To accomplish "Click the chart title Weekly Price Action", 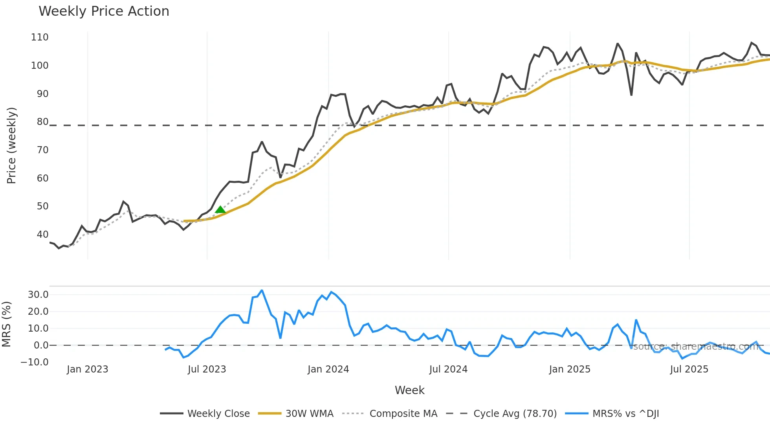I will point(104,11).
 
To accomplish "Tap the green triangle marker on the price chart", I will point(220,209).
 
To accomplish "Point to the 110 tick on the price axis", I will point(40,37).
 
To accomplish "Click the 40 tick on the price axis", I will point(42,235).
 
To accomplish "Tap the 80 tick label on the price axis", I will point(42,122).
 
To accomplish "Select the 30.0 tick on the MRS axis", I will point(38,295).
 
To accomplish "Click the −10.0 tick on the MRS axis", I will point(35,362).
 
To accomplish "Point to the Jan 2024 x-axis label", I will point(328,369).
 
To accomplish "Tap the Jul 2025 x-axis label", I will point(689,369).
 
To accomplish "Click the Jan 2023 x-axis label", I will point(87,369).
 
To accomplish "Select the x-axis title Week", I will point(409,390).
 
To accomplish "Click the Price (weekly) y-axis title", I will point(11,145).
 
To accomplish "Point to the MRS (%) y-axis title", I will point(6,324).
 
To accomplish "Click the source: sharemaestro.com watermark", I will point(695,347).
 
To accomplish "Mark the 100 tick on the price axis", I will point(40,66).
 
